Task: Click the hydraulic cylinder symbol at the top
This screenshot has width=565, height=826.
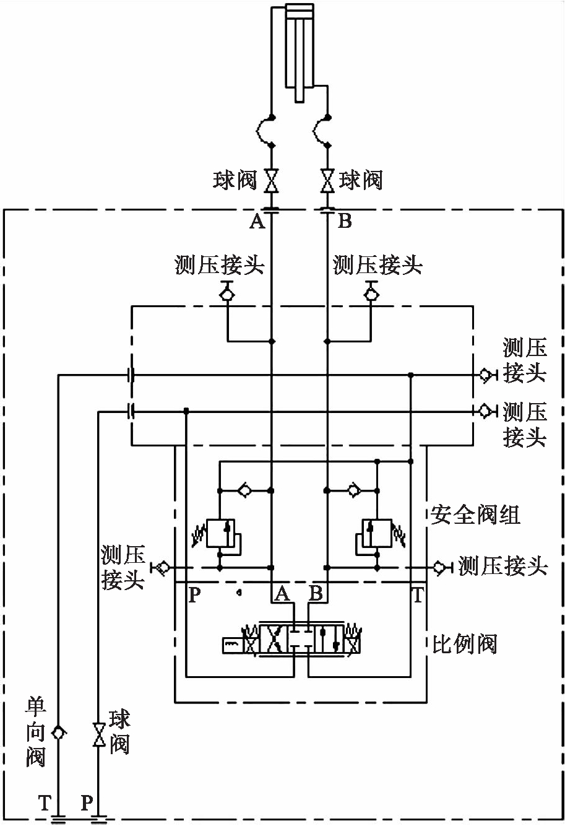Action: pyautogui.click(x=300, y=50)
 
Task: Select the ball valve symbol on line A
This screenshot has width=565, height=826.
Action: pyautogui.click(x=272, y=180)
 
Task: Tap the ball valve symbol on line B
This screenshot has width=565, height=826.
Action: pyautogui.click(x=327, y=180)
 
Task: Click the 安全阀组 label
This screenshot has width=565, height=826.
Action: pyautogui.click(x=475, y=515)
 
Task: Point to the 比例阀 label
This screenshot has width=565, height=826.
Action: pyautogui.click(x=464, y=644)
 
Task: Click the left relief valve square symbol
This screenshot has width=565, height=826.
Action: pyautogui.click(x=220, y=533)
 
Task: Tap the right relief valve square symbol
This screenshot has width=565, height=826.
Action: pyautogui.click(x=377, y=533)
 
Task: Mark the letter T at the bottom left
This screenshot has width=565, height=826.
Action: pyautogui.click(x=44, y=803)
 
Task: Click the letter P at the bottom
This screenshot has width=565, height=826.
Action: pyautogui.click(x=87, y=803)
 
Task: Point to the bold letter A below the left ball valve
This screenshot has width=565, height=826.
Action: pyautogui.click(x=257, y=221)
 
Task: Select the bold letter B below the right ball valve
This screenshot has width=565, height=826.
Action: pyautogui.click(x=345, y=221)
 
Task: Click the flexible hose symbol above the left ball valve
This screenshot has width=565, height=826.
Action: pyautogui.click(x=267, y=131)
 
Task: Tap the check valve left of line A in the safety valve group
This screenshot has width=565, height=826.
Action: pyautogui.click(x=246, y=490)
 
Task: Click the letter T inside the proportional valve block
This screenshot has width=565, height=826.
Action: pyautogui.click(x=418, y=596)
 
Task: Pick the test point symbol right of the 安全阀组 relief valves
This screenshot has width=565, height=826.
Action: pyautogui.click(x=440, y=567)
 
